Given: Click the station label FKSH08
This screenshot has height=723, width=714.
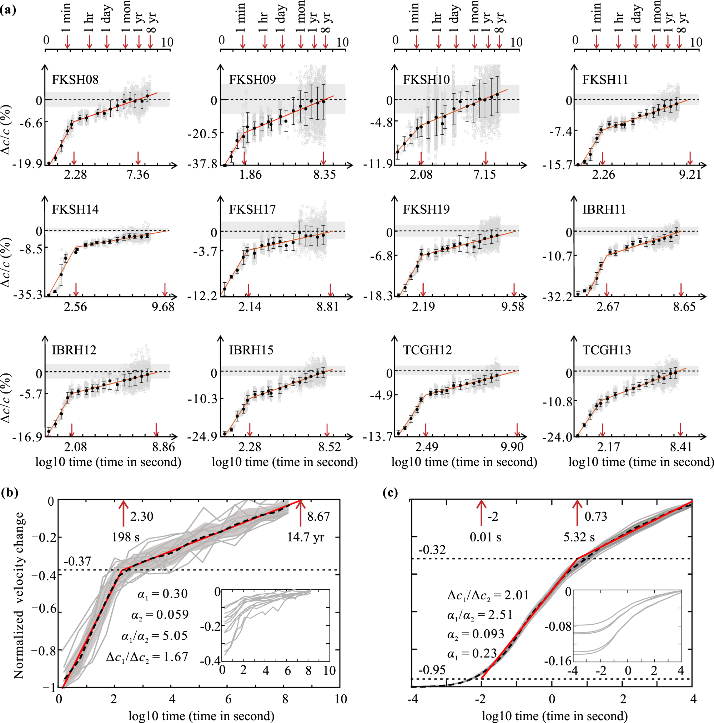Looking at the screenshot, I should point(75,80).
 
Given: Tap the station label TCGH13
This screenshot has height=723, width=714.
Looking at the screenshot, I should point(606,350).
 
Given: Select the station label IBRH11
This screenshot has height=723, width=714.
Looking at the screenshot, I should point(604,209).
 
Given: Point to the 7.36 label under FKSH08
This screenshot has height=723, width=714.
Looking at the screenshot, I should point(138,175).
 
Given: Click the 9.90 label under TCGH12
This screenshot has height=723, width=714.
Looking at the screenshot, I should point(512,447).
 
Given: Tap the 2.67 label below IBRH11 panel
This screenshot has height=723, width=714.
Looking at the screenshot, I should point(608,307).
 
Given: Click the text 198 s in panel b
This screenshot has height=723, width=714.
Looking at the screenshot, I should point(126,538).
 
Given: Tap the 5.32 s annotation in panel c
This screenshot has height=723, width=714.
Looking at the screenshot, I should point(579,538).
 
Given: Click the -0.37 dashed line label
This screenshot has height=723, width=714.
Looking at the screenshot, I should point(77,561).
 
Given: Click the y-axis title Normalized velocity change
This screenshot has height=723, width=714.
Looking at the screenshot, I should point(19,595).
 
